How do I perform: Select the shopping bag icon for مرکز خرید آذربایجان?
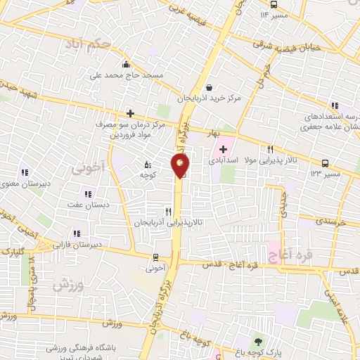(x=210, y=86)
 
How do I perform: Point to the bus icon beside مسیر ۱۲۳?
(x=324, y=162)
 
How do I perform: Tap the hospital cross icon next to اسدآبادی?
(x=224, y=149)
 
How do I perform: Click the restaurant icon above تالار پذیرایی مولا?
(x=270, y=149)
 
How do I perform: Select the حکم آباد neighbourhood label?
(x=105, y=44)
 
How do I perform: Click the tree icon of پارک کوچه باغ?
(x=257, y=341)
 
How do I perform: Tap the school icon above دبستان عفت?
(x=88, y=193)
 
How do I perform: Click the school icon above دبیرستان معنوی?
(x=24, y=172)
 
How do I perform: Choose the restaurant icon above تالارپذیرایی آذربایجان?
(x=167, y=210)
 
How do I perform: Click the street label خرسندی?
(x=330, y=221)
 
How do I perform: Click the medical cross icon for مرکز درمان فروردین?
(x=130, y=112)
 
